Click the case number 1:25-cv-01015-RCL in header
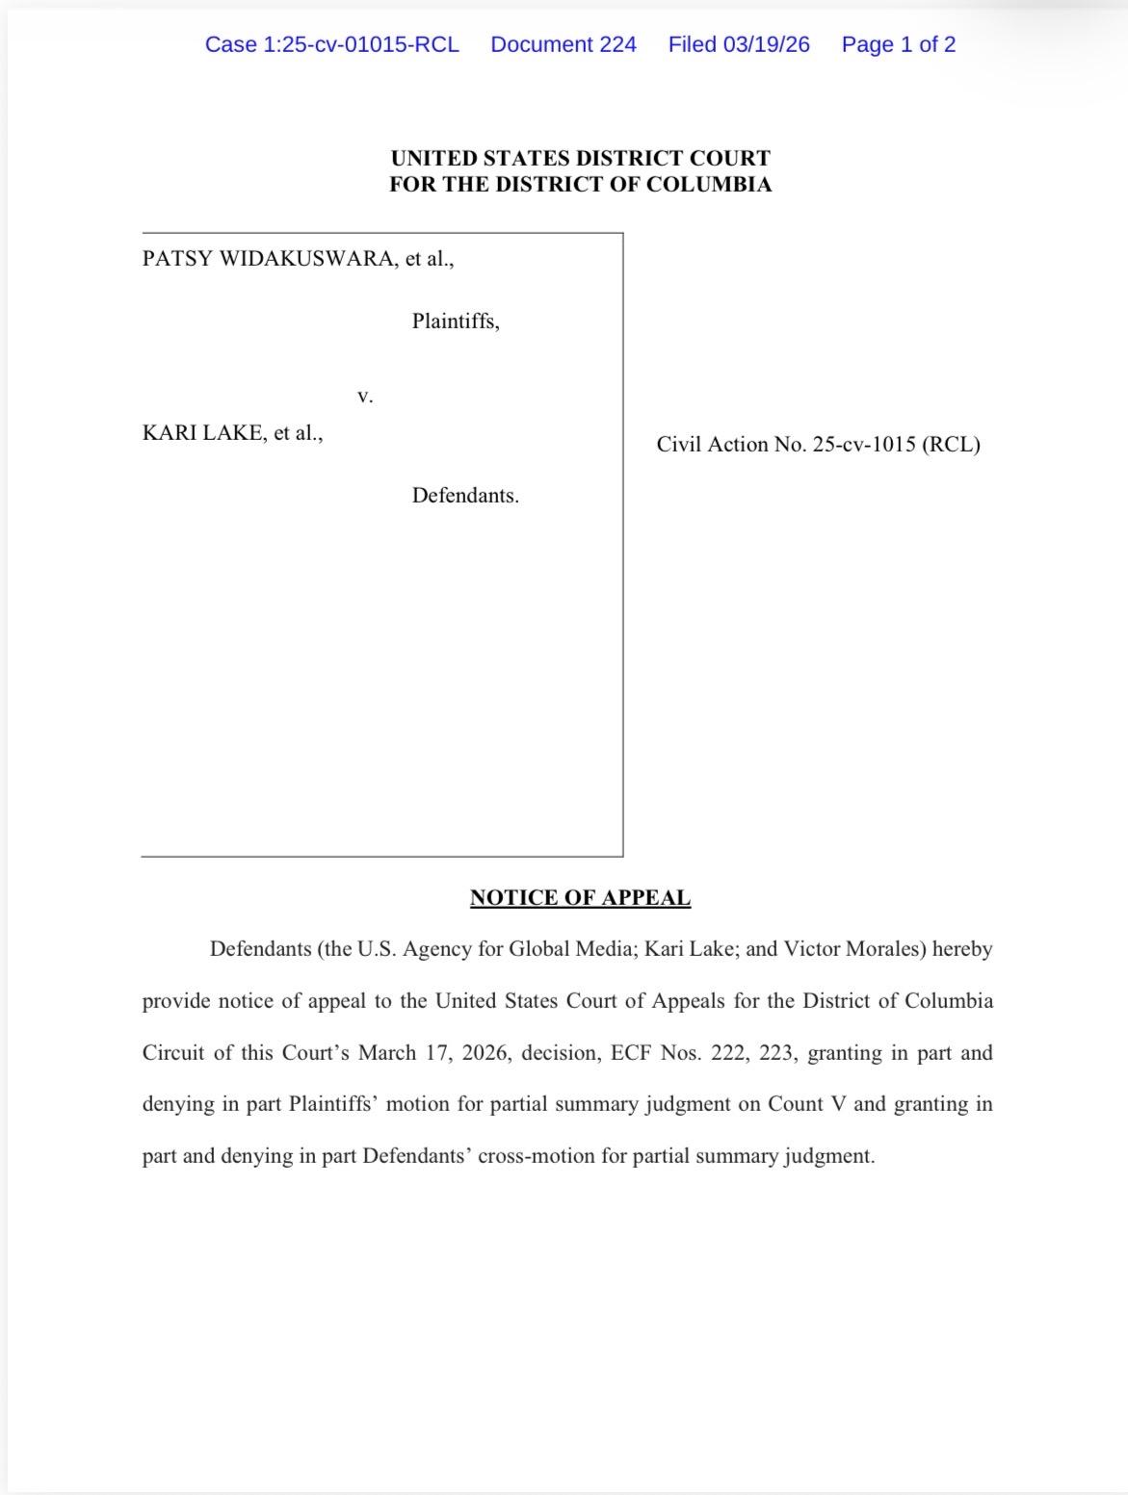tap(331, 44)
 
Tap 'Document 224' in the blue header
tap(564, 44)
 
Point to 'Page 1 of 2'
tap(898, 44)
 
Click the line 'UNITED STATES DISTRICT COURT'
tap(580, 158)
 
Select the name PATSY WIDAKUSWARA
tap(268, 259)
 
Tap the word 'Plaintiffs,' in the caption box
tap(456, 322)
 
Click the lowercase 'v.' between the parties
tap(364, 396)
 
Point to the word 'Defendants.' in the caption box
tap(465, 496)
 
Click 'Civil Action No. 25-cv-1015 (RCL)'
tap(818, 445)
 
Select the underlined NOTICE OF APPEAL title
tap(580, 898)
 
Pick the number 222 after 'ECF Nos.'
tap(728, 1053)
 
